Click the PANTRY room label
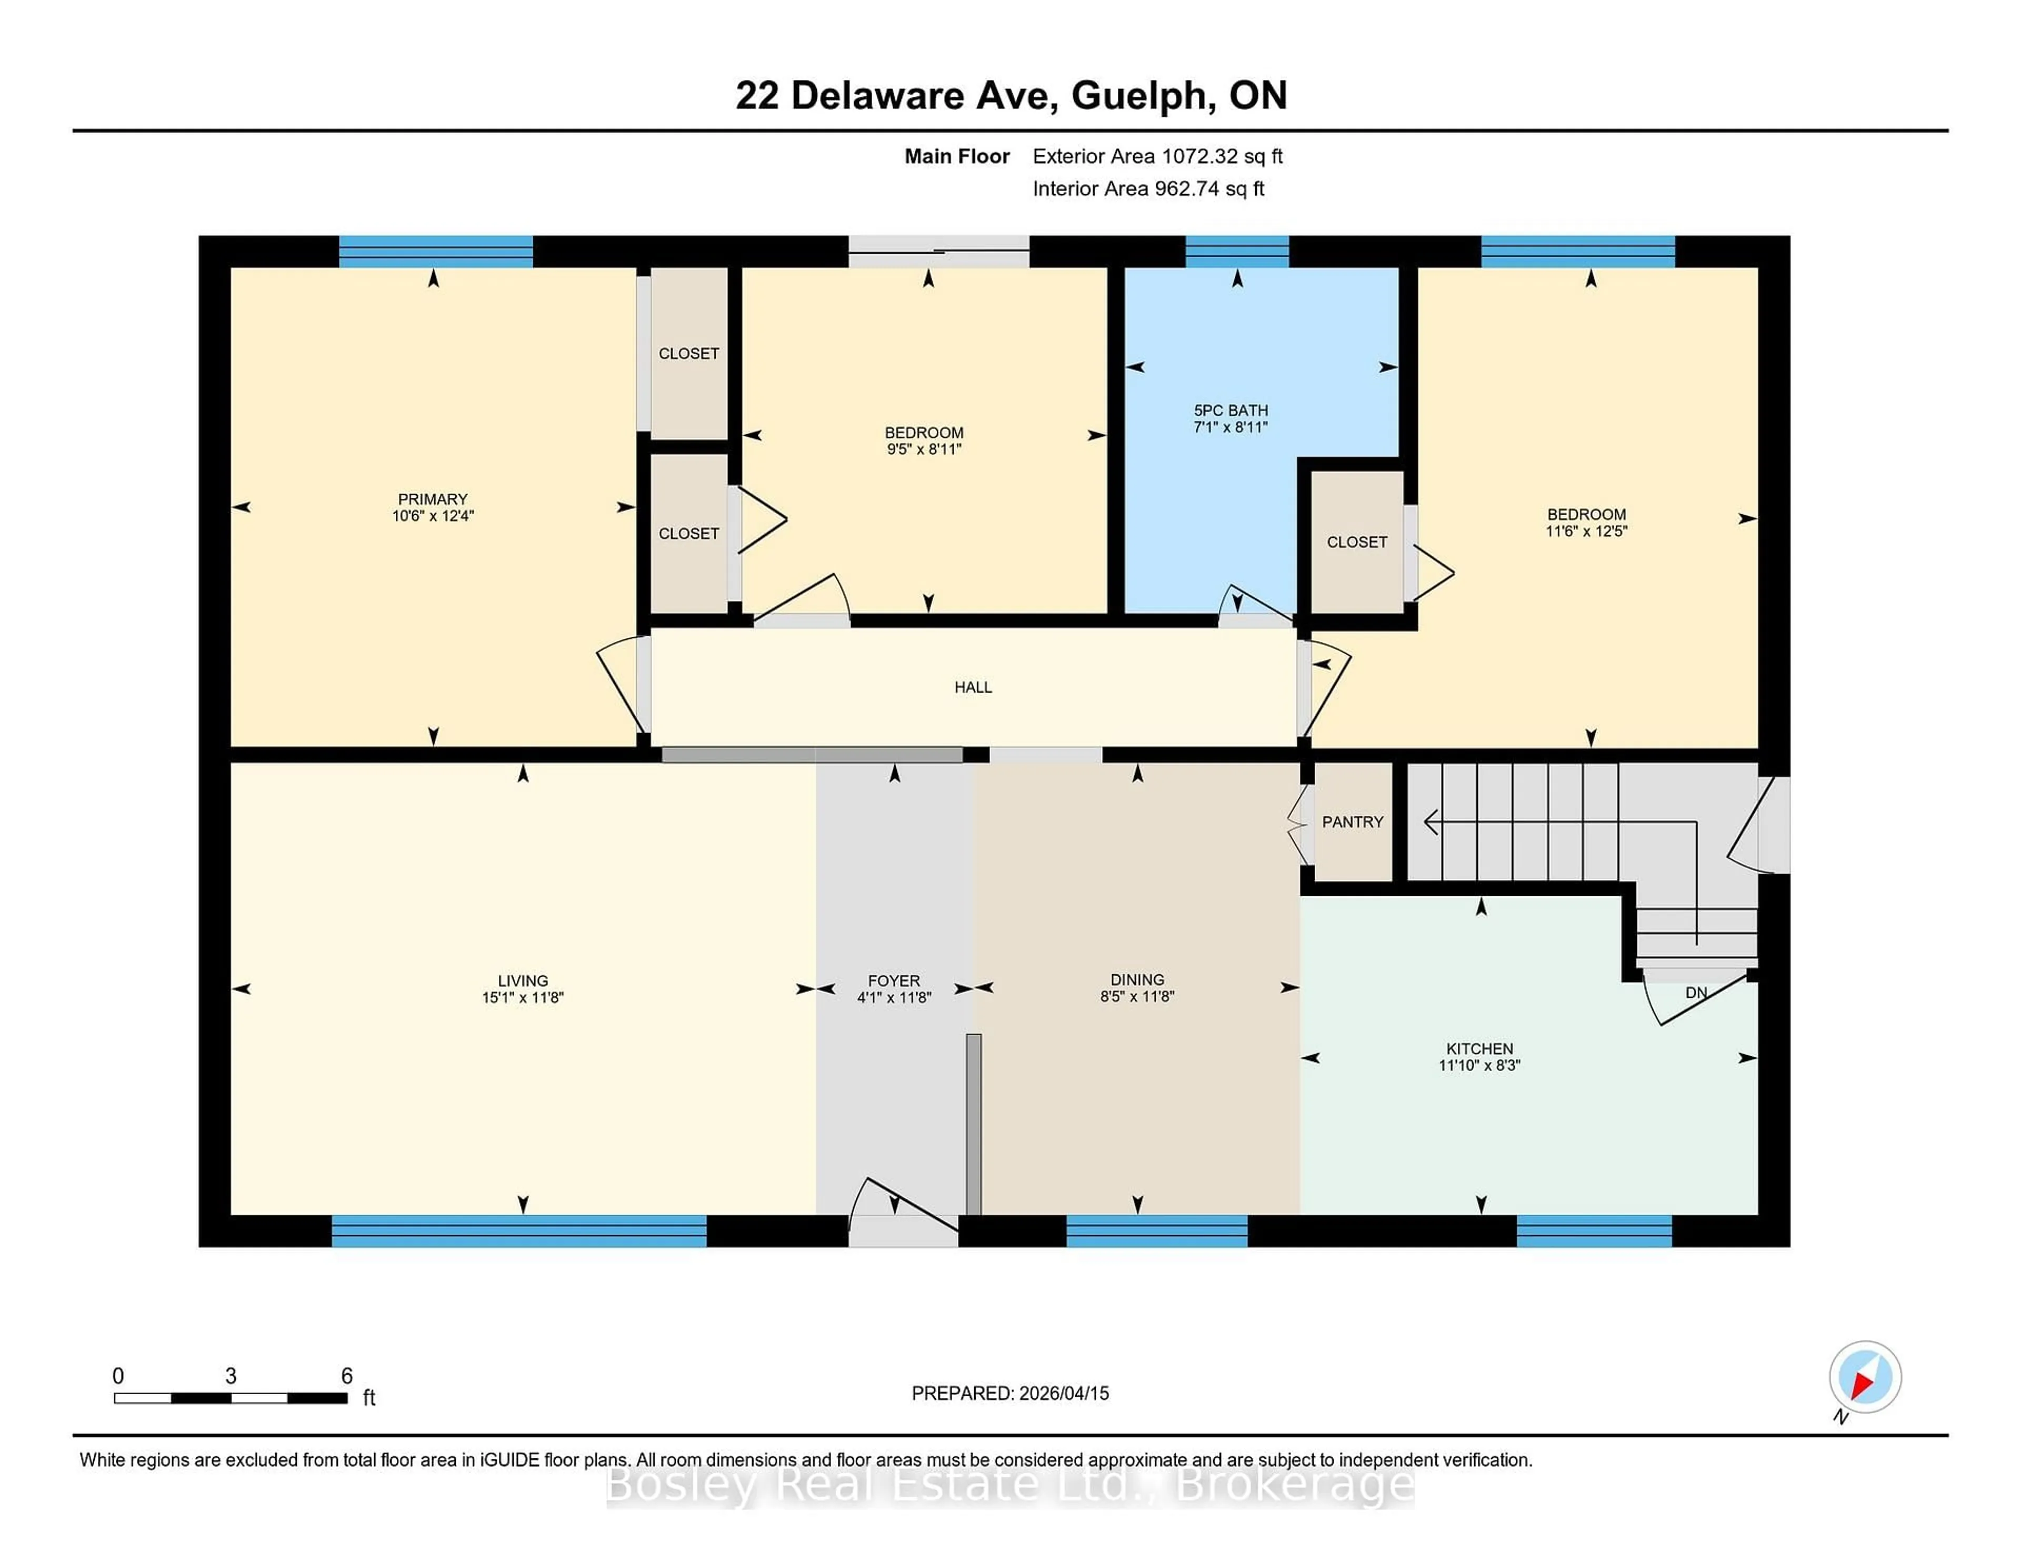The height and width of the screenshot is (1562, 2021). click(1352, 822)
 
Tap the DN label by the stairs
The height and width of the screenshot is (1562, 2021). click(1695, 993)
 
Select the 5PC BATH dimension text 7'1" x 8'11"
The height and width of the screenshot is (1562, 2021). click(1230, 427)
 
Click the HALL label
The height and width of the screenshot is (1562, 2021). click(973, 687)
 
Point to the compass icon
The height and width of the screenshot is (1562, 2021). click(1865, 1377)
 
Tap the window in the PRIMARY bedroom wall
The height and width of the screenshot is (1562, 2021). click(435, 252)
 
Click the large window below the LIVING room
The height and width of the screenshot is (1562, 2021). click(518, 1231)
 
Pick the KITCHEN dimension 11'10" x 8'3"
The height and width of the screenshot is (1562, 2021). click(1479, 1065)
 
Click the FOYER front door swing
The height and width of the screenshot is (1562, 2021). click(902, 1208)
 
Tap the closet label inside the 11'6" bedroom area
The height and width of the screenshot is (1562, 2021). click(1357, 542)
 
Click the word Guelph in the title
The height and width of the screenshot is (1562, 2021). click(1143, 95)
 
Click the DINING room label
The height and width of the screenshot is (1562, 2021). click(1137, 979)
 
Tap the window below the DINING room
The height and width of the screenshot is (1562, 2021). click(1157, 1231)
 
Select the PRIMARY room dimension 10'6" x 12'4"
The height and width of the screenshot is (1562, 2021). click(432, 516)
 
